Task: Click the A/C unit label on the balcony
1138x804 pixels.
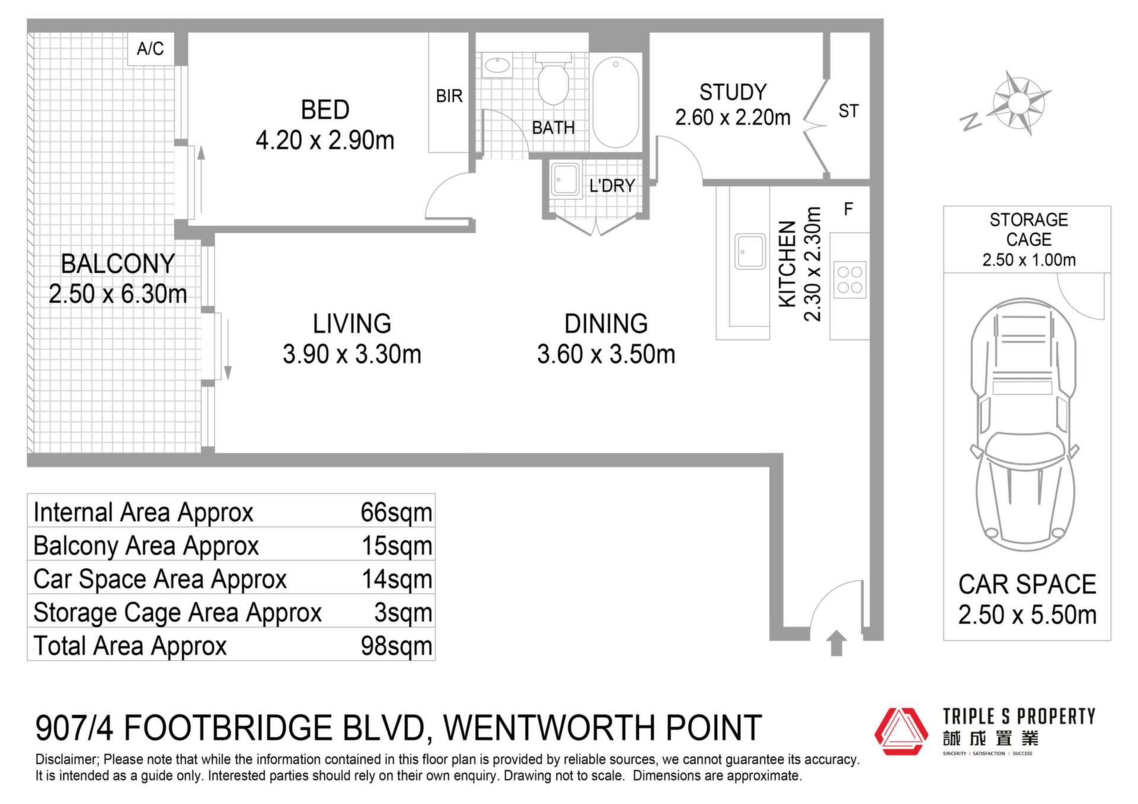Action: [151, 49]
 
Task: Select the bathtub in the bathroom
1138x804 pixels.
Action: [616, 102]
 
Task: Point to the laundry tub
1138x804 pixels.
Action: [565, 180]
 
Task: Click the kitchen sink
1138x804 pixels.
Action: [750, 251]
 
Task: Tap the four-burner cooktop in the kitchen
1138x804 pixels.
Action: [850, 280]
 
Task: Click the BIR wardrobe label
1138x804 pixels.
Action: [449, 96]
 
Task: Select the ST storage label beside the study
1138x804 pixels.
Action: [848, 111]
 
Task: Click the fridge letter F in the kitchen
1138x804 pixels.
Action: [848, 209]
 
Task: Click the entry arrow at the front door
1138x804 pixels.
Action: [836, 643]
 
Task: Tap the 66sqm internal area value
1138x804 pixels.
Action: [397, 512]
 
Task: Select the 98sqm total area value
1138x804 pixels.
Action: [397, 646]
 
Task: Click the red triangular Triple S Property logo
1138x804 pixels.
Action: [902, 731]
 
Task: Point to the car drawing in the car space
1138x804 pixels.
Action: [1024, 425]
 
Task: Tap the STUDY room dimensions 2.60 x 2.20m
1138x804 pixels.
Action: [733, 118]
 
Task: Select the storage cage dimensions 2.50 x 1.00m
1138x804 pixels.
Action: [1029, 260]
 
